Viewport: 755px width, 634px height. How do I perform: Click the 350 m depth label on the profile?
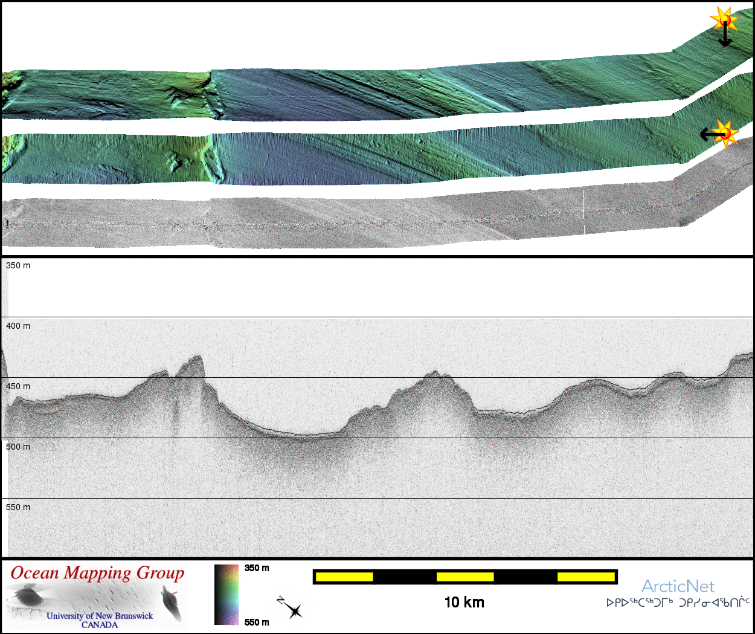(18, 265)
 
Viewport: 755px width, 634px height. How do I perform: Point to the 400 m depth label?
(18, 326)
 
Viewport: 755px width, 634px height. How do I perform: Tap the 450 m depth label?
(18, 386)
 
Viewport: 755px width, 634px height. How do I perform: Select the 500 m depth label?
(18, 447)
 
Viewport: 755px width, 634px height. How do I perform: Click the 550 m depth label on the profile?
(18, 507)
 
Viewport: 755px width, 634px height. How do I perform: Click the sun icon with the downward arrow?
(724, 19)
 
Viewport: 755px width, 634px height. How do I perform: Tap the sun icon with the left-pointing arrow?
(724, 134)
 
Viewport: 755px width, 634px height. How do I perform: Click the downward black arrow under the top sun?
(725, 34)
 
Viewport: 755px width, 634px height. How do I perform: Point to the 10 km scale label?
(464, 603)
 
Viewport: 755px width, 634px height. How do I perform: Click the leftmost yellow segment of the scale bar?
(344, 577)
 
